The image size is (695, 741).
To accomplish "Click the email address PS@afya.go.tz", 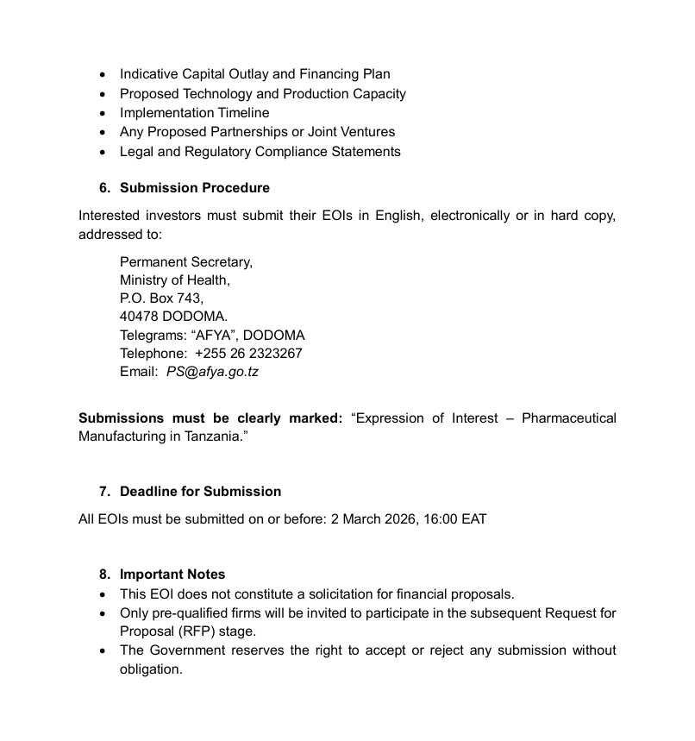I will point(212,373).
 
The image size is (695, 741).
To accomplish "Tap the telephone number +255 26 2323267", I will point(248,354).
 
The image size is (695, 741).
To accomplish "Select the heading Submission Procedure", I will point(194,188).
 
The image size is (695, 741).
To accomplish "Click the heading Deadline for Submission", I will point(200,492).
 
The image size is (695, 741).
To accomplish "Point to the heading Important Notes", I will point(172,575).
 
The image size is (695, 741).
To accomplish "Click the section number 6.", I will point(104,188).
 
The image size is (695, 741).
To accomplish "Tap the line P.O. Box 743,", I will point(161,298).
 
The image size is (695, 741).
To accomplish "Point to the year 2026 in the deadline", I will point(399,519).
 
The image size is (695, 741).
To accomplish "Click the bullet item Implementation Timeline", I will point(194,113).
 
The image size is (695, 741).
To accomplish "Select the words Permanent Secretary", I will point(185,262).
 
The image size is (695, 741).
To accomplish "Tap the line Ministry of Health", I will point(174,280).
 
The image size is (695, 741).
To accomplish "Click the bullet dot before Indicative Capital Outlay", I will point(103,75).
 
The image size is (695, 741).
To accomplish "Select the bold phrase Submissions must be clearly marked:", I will point(210,418).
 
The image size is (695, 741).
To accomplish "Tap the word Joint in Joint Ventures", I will point(326,132).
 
